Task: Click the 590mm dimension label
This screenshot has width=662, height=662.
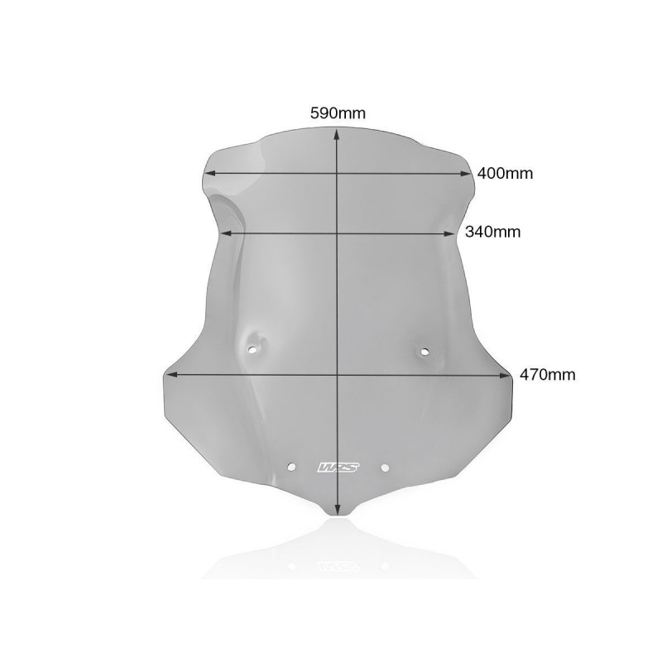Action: point(338,113)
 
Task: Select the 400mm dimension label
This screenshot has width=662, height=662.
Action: point(505,173)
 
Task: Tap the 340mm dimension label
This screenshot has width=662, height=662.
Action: point(492,232)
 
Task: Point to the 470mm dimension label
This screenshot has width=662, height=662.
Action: point(547,375)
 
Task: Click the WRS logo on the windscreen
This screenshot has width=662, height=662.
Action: point(338,468)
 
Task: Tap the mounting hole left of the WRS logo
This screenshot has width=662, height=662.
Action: point(291,467)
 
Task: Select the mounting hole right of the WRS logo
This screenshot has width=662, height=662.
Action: point(385,468)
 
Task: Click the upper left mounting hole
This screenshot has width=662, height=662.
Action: point(252,350)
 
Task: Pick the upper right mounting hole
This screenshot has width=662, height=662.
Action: point(425,351)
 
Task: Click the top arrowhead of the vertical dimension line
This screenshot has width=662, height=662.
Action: point(337,134)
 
